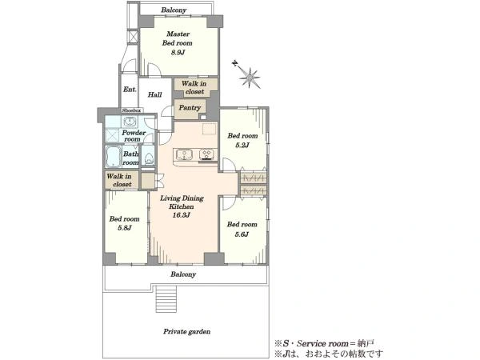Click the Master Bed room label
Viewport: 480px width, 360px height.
(178, 38)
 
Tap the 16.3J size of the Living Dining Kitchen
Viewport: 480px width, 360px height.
(182, 215)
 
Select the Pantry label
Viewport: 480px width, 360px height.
(190, 108)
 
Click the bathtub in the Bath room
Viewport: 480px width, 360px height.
(114, 156)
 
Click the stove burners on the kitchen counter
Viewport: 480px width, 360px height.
(206, 154)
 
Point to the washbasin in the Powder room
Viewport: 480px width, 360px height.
(130, 122)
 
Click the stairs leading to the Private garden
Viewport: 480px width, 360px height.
(166, 298)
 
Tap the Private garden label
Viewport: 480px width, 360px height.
(186, 331)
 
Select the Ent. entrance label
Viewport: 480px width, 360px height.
(130, 90)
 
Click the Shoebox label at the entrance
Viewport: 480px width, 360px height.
(131, 110)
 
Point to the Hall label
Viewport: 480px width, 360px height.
(155, 94)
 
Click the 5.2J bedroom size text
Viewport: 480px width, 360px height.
(242, 145)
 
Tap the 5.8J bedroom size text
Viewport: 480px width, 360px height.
(125, 228)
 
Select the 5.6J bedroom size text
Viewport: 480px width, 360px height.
(242, 234)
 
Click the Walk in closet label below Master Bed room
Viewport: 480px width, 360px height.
(194, 87)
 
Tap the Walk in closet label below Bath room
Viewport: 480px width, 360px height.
(119, 180)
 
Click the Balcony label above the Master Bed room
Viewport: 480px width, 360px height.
(174, 10)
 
